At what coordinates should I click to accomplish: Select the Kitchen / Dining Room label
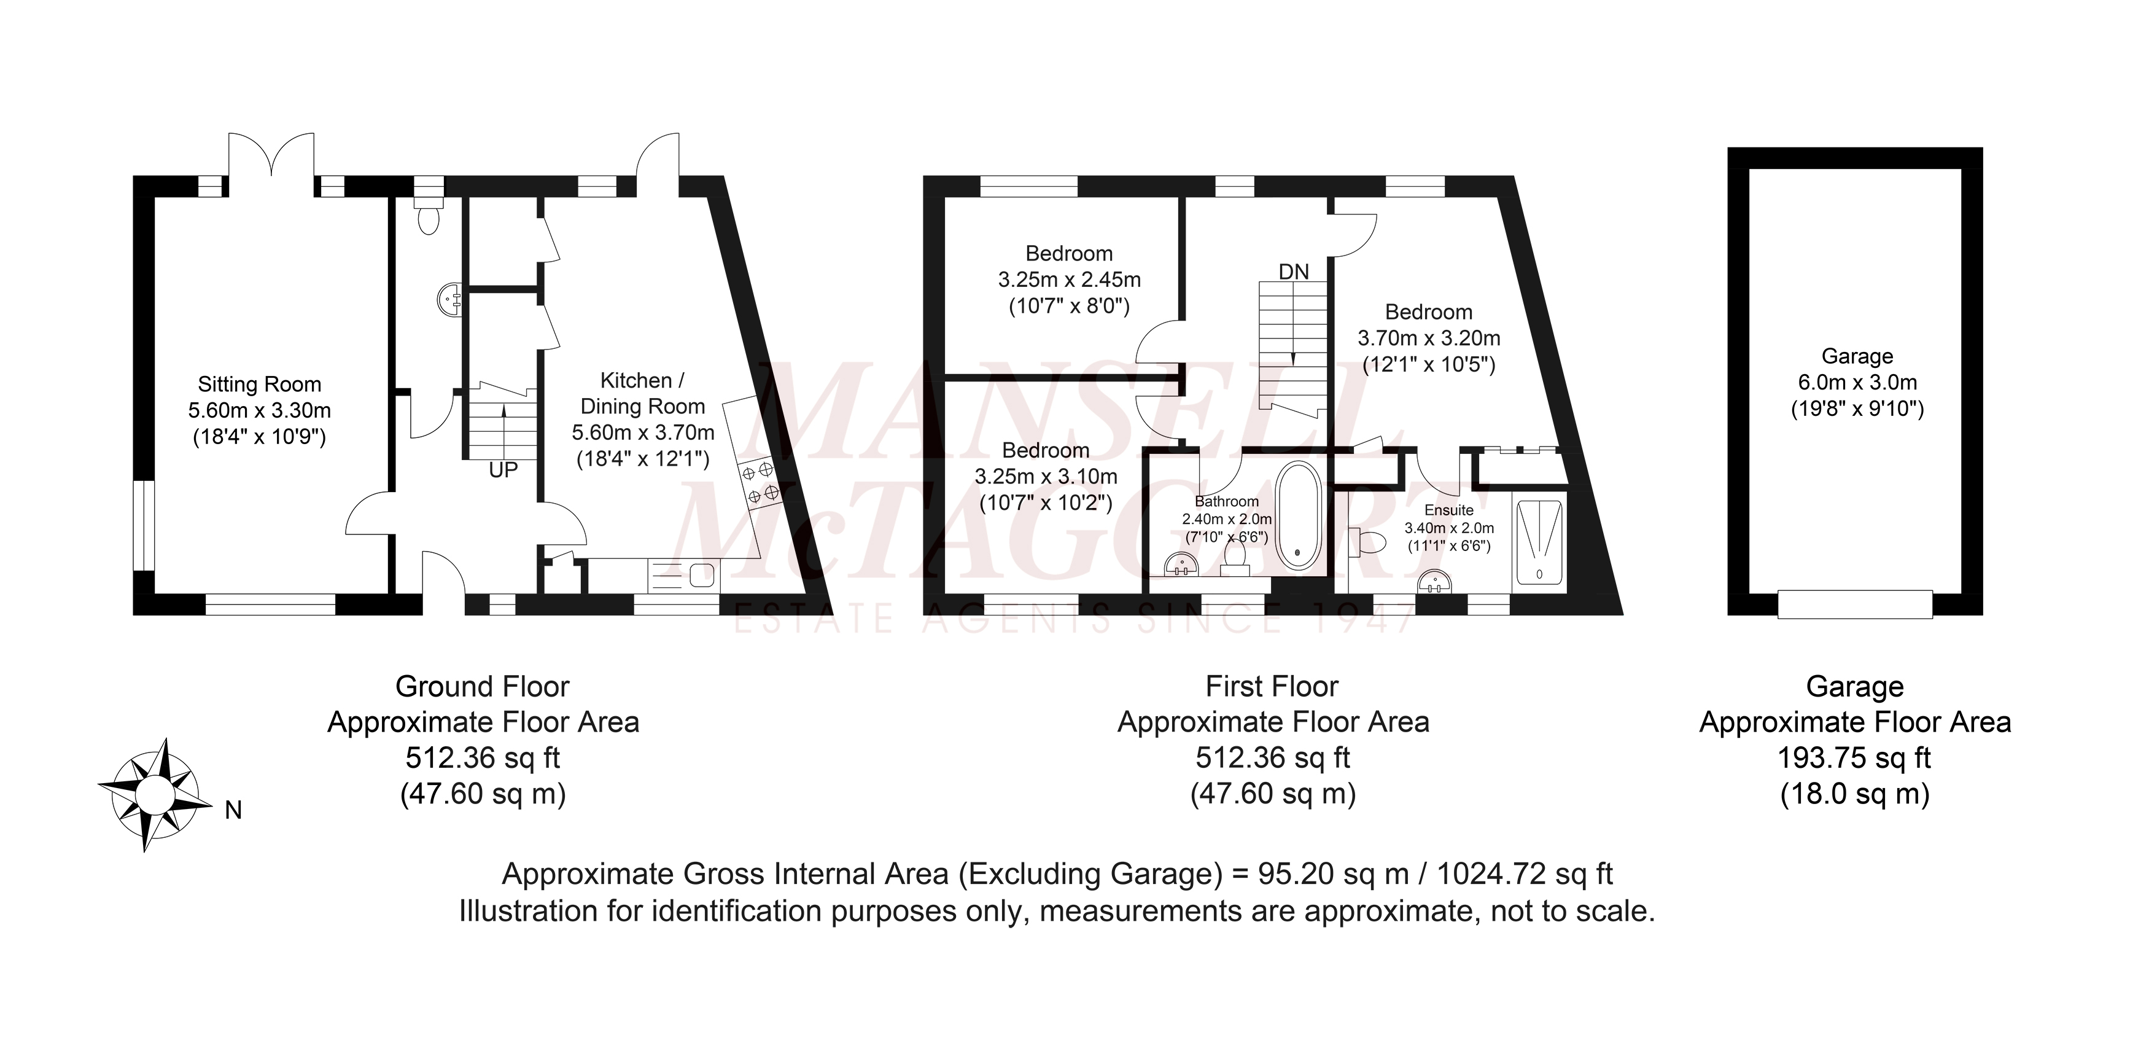click(x=642, y=394)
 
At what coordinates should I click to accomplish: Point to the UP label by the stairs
click(x=503, y=471)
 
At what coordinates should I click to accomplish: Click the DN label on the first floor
click(x=1294, y=272)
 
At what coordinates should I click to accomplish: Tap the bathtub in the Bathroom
click(x=1299, y=515)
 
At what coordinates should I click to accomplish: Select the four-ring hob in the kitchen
click(x=761, y=483)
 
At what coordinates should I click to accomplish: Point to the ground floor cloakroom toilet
click(x=430, y=216)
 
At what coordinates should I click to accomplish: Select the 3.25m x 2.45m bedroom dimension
click(x=1070, y=279)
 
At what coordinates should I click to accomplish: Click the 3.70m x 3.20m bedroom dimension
click(x=1429, y=338)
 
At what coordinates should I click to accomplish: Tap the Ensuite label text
click(x=1449, y=510)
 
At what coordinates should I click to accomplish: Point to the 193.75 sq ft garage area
click(x=1854, y=758)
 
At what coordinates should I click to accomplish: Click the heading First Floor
click(x=1272, y=686)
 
